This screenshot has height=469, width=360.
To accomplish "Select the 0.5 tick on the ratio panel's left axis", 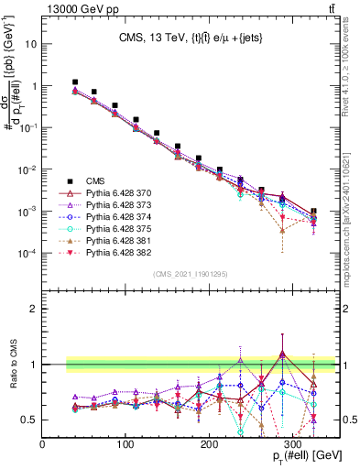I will (31, 420).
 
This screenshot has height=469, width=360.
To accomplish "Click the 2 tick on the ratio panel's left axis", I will (35, 309).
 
